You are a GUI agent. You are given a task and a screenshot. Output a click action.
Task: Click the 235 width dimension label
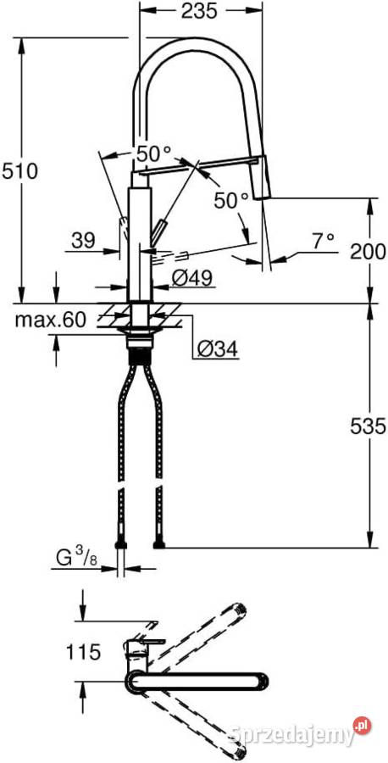point(199,11)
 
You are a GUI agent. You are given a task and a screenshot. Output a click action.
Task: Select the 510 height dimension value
point(20,171)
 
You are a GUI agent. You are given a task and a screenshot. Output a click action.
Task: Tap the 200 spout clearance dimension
point(368,252)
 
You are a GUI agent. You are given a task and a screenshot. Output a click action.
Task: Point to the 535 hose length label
point(368,426)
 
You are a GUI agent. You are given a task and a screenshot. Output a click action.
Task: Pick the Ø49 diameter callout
point(192,278)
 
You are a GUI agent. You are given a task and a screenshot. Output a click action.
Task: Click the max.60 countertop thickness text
point(51,320)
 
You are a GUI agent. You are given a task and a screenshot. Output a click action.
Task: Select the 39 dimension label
point(83,241)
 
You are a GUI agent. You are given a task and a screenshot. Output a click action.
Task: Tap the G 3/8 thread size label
point(77,558)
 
